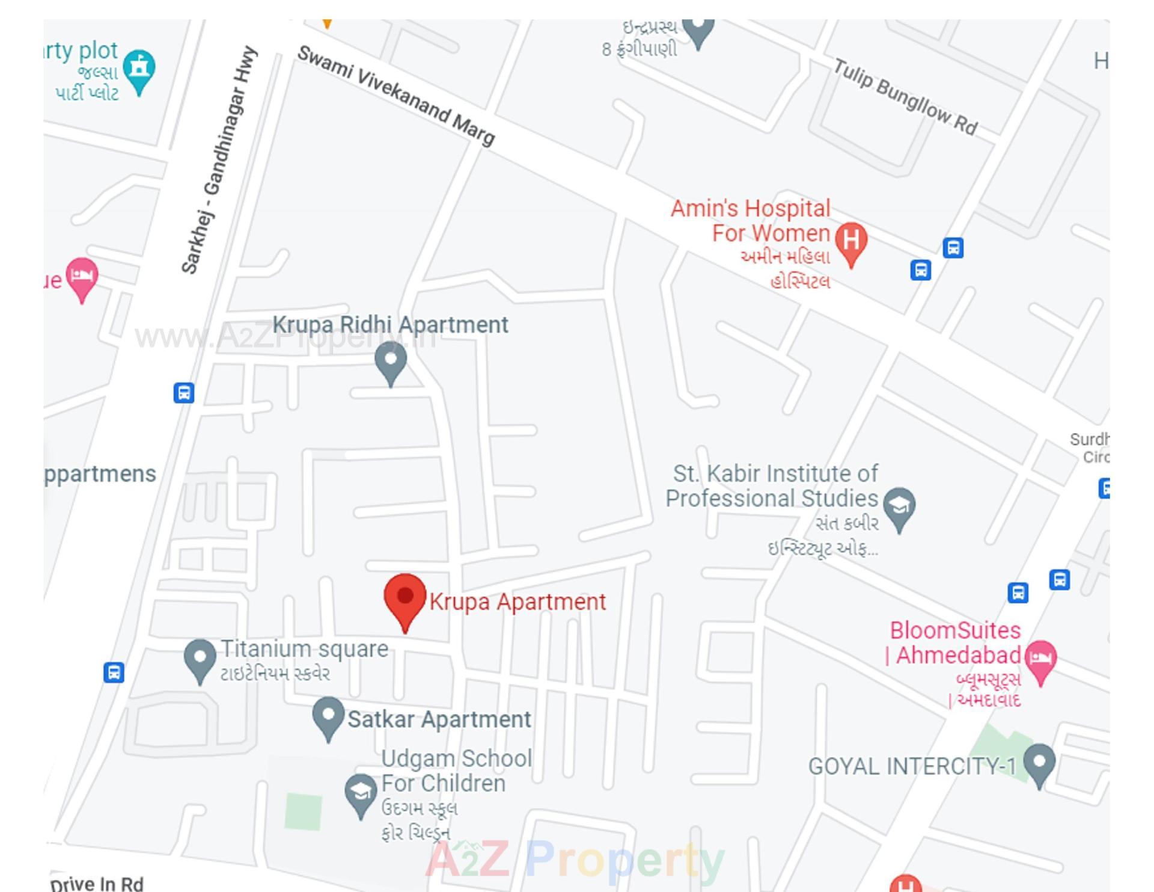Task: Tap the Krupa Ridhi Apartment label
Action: click(x=390, y=325)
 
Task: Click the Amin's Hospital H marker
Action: click(x=851, y=241)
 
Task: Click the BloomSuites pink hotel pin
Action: click(x=1041, y=659)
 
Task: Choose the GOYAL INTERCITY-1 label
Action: click(x=912, y=766)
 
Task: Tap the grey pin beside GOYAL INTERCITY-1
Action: click(x=1039, y=764)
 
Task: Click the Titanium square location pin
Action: click(x=200, y=659)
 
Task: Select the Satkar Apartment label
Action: click(x=439, y=719)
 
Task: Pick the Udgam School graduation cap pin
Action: click(x=361, y=793)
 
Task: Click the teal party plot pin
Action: click(x=139, y=69)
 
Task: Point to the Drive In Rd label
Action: click(x=97, y=883)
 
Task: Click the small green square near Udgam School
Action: click(x=304, y=811)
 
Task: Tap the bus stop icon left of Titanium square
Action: click(x=114, y=672)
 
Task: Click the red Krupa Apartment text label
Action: click(x=517, y=602)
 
